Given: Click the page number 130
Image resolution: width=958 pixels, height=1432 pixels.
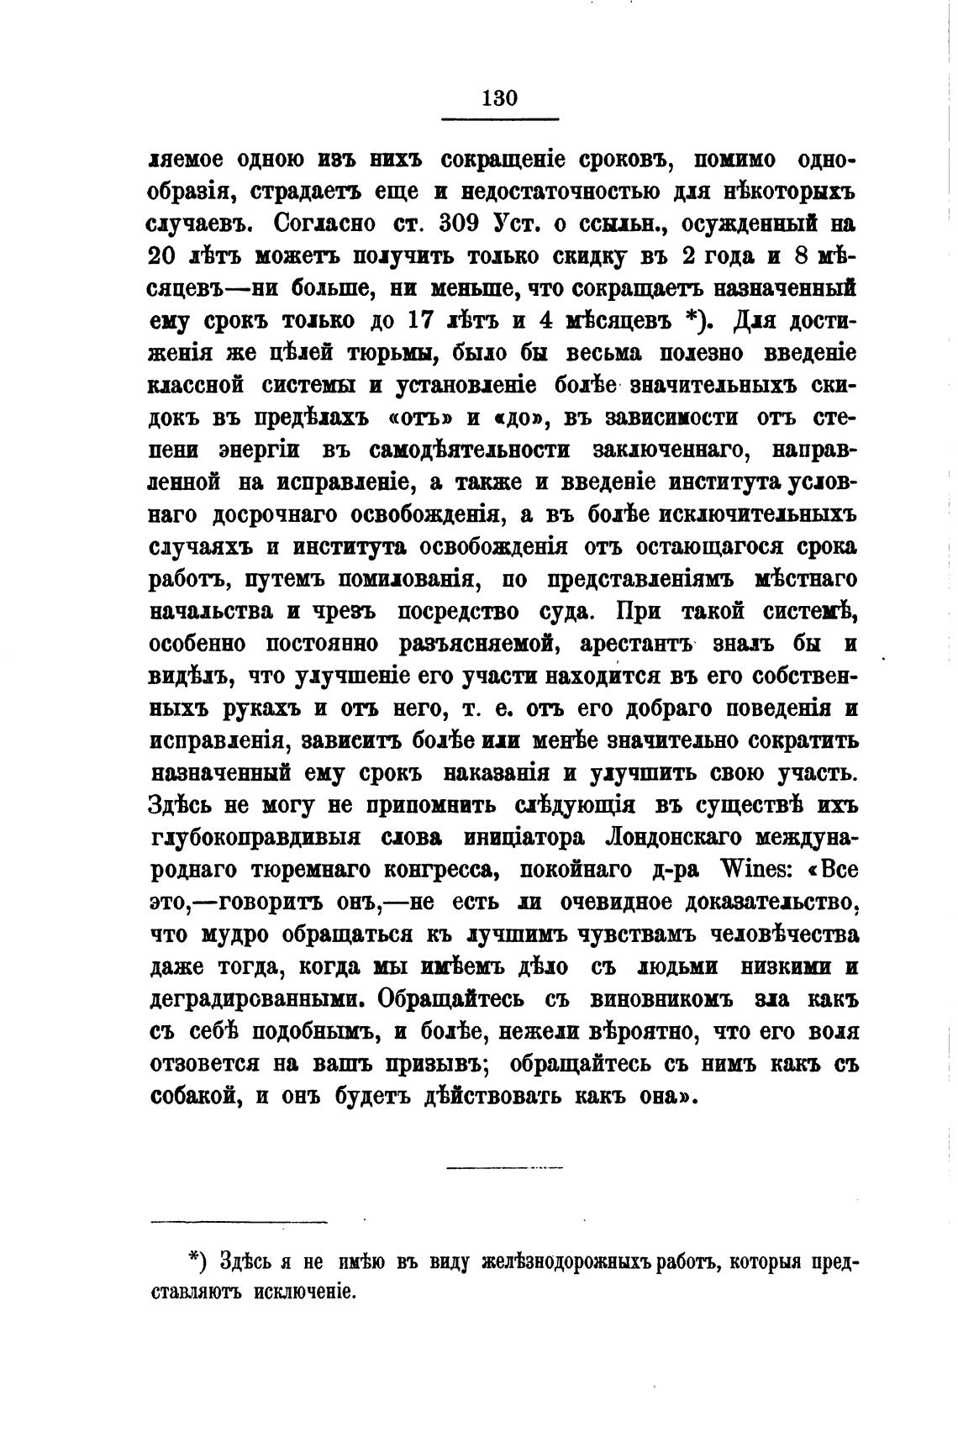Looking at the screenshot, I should (x=500, y=97).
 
